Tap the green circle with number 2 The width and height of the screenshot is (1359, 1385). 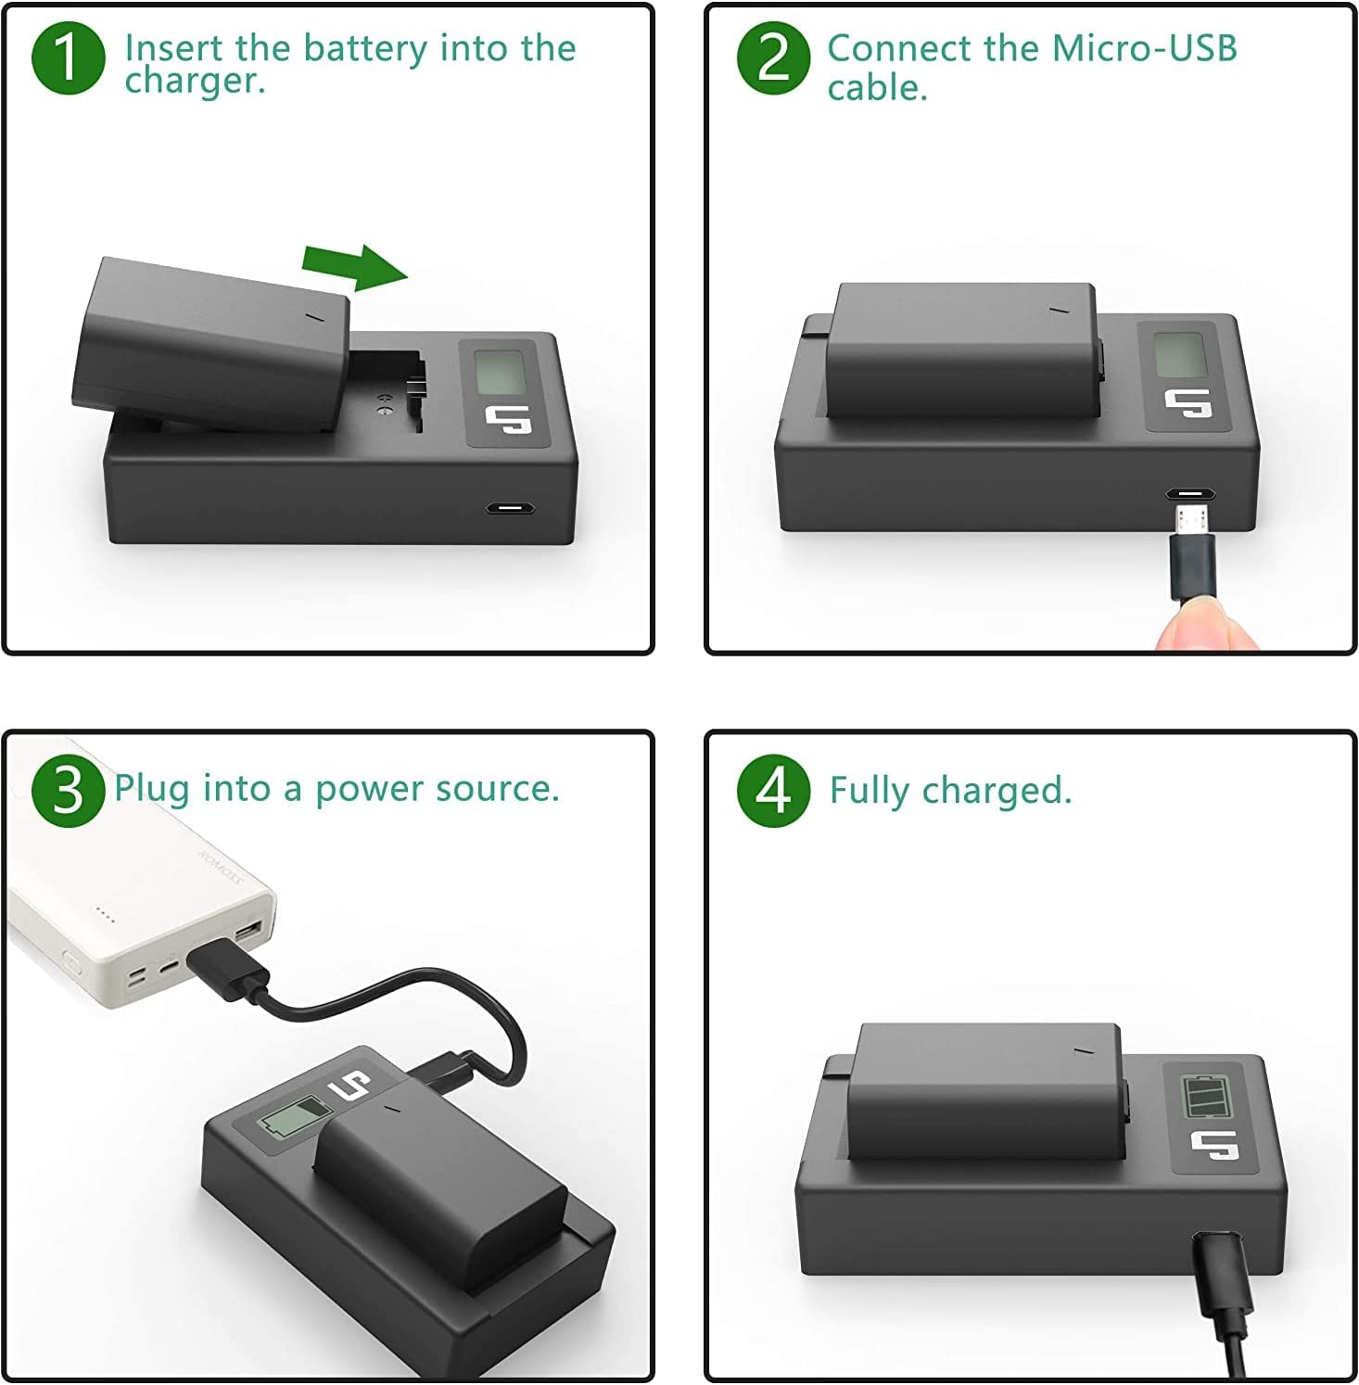point(773,57)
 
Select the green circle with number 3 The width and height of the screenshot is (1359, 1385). point(68,790)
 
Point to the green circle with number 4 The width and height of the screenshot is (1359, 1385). point(773,790)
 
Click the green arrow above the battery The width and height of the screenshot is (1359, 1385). point(355,267)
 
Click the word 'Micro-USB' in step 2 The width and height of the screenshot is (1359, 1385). point(1145,48)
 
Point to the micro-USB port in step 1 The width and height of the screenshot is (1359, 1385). point(509,508)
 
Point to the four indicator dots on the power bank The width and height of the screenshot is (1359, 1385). point(105,916)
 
